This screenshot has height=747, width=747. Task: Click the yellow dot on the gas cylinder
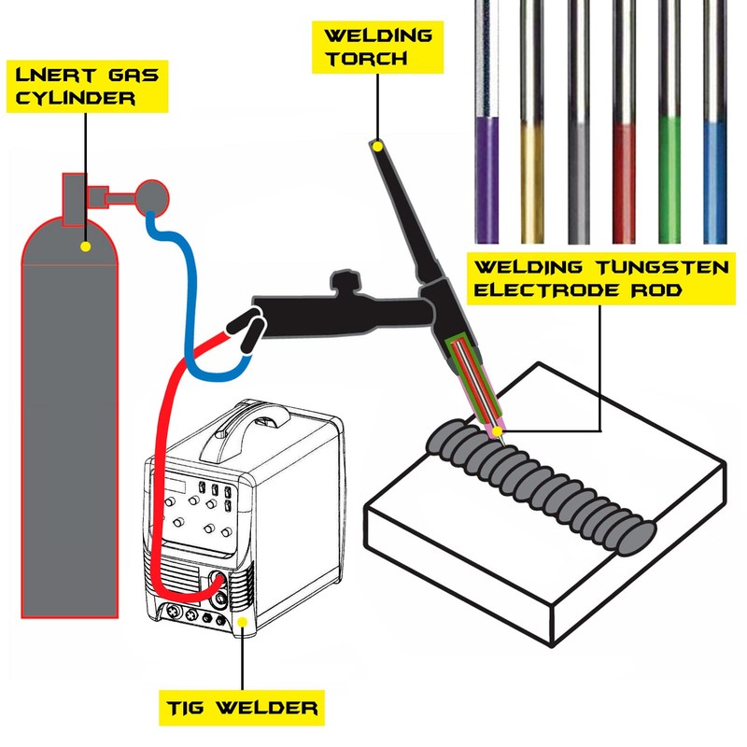(x=85, y=247)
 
